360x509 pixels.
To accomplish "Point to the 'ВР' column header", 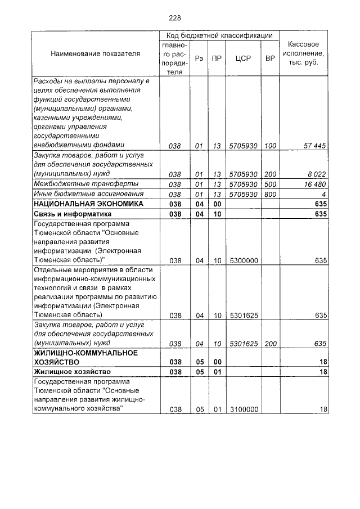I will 269,58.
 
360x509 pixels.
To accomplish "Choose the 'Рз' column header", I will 199,58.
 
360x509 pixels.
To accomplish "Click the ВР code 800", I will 270,194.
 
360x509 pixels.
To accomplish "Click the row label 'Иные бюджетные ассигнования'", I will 85,194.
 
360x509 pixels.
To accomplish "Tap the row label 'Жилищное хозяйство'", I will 71,372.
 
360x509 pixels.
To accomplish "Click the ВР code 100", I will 270,146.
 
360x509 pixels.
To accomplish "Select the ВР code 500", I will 270,184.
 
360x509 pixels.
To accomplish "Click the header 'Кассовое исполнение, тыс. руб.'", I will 303,53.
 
